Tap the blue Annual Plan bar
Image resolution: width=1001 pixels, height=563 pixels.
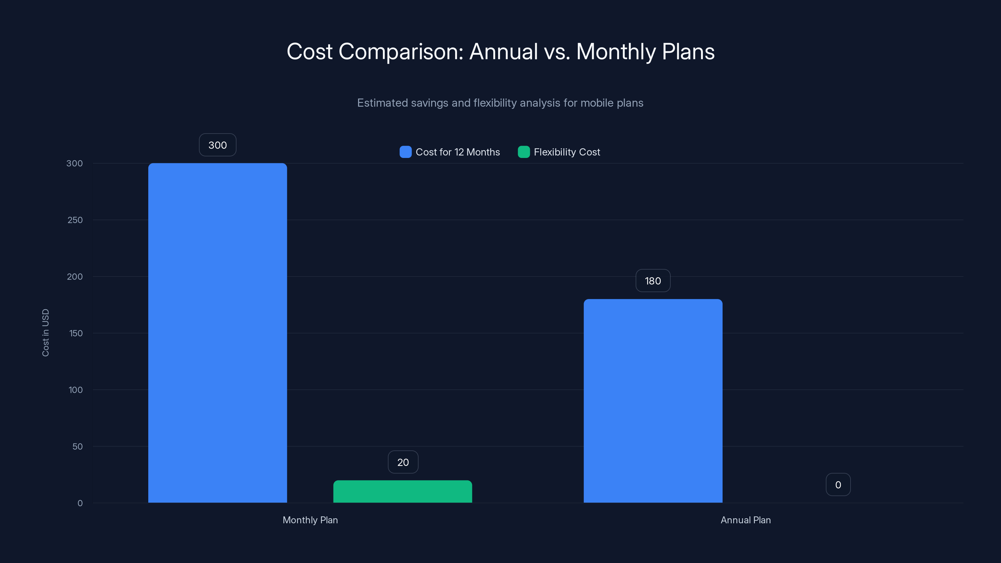653,401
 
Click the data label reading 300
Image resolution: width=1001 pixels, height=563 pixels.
218,145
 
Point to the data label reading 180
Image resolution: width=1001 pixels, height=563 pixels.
653,281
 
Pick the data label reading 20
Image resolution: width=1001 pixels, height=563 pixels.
403,462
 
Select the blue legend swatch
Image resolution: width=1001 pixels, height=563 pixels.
405,152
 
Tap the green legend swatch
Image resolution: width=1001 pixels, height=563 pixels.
523,152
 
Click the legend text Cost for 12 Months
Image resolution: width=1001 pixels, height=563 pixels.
458,152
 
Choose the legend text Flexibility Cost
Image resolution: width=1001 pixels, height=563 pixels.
567,152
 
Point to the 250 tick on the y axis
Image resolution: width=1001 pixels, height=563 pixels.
75,220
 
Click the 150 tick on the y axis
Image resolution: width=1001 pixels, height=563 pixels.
76,333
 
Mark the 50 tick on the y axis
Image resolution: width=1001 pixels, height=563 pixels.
77,446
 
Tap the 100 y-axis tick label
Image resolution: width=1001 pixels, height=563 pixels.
76,390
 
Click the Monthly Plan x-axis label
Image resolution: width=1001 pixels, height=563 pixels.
310,520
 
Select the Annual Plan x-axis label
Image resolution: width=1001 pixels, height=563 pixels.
746,520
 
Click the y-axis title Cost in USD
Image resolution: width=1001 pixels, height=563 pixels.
45,332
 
